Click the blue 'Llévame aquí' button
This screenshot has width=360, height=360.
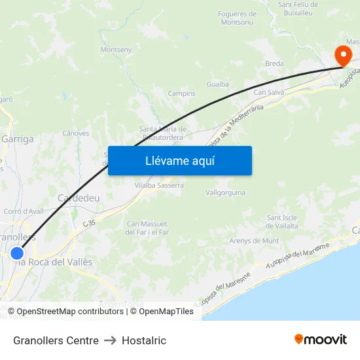click(x=180, y=160)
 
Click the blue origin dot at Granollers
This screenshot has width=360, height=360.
click(x=17, y=253)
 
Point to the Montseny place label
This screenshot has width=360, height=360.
click(x=117, y=49)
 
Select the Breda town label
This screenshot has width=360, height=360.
click(x=274, y=63)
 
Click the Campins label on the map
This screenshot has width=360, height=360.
click(x=181, y=94)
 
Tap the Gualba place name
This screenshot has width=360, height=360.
click(x=217, y=84)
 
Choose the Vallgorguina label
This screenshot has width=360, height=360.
click(x=225, y=193)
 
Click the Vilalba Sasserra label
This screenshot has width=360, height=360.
click(x=159, y=185)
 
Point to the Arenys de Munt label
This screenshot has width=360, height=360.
click(x=254, y=241)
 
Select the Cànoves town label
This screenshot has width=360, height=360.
click(x=75, y=133)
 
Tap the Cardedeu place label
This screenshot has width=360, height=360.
click(x=78, y=198)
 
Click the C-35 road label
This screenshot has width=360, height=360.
click(x=89, y=223)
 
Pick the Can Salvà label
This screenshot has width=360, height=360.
click(x=268, y=93)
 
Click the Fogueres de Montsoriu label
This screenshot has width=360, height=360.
click(x=237, y=18)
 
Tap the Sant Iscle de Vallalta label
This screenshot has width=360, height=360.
click(x=282, y=221)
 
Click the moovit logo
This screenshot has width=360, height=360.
click(x=321, y=339)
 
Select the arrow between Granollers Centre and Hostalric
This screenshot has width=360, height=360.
click(x=110, y=340)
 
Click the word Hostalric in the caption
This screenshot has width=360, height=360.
click(x=144, y=340)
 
